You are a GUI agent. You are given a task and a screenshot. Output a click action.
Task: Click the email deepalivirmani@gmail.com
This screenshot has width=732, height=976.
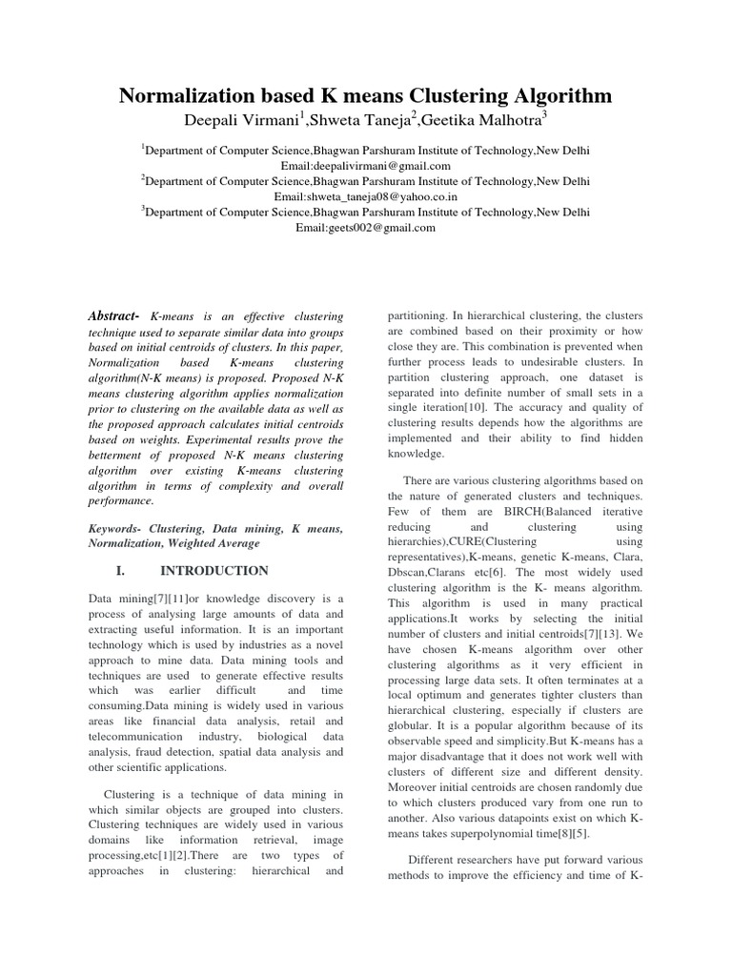pyautogui.click(x=366, y=165)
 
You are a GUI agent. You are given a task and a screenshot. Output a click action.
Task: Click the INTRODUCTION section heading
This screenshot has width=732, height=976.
pyautogui.click(x=214, y=571)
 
